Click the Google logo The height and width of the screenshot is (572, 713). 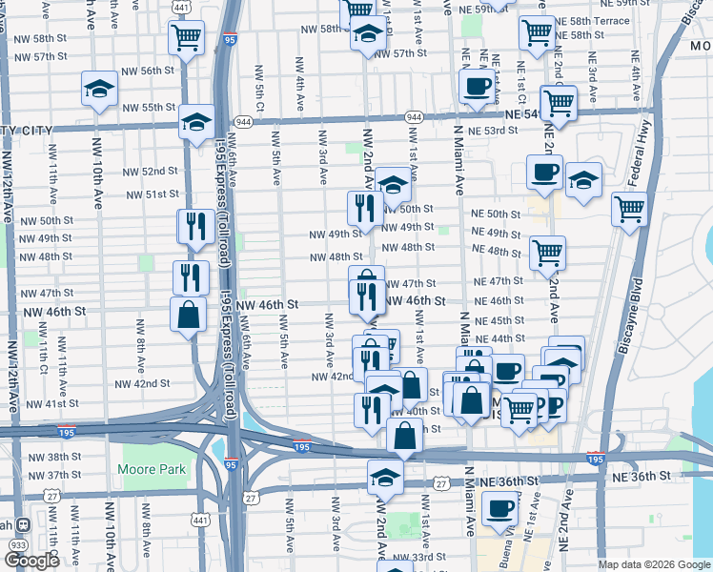pyautogui.click(x=31, y=561)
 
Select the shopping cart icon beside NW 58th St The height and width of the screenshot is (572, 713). pyautogui.click(x=187, y=38)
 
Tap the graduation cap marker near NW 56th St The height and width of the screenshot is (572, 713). pyautogui.click(x=99, y=89)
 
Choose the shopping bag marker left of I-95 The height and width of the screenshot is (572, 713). pyautogui.click(x=189, y=315)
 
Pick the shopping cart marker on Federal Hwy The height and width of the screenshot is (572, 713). pyautogui.click(x=629, y=209)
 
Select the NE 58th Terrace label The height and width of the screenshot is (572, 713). pyautogui.click(x=593, y=20)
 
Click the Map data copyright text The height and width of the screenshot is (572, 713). pyautogui.click(x=653, y=564)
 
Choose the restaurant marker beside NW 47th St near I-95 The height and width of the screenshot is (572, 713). pyautogui.click(x=191, y=277)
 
